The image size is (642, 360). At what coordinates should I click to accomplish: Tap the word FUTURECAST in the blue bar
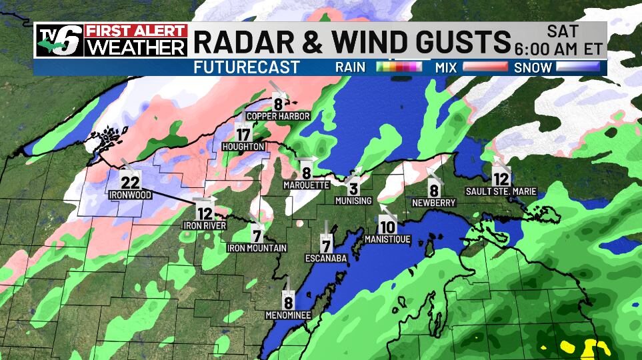(x=247, y=67)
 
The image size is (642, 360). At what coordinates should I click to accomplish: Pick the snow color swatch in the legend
(x=580, y=67)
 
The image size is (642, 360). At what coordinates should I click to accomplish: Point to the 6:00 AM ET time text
(x=559, y=49)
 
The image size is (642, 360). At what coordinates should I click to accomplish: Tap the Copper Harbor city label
(x=278, y=116)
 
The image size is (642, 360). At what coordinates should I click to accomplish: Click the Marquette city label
(x=306, y=185)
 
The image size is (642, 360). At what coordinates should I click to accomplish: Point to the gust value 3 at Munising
(x=354, y=189)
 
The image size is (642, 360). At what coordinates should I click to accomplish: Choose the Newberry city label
(x=433, y=202)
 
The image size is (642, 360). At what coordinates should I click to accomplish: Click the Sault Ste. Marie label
(x=501, y=192)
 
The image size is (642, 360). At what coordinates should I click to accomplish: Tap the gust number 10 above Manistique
(x=387, y=227)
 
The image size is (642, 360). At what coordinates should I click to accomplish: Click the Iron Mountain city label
(x=257, y=248)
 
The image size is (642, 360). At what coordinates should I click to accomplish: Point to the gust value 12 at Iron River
(x=205, y=213)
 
